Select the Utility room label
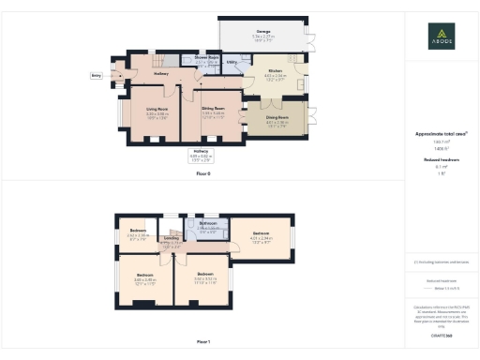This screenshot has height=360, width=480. coord(231,63)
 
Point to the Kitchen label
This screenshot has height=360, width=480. coord(275,70)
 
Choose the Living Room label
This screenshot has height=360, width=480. coord(157,109)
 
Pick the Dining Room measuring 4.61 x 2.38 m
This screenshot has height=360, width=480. coord(278,118)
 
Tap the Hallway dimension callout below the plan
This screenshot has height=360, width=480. coord(202,152)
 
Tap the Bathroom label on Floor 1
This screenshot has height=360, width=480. coord(208,223)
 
